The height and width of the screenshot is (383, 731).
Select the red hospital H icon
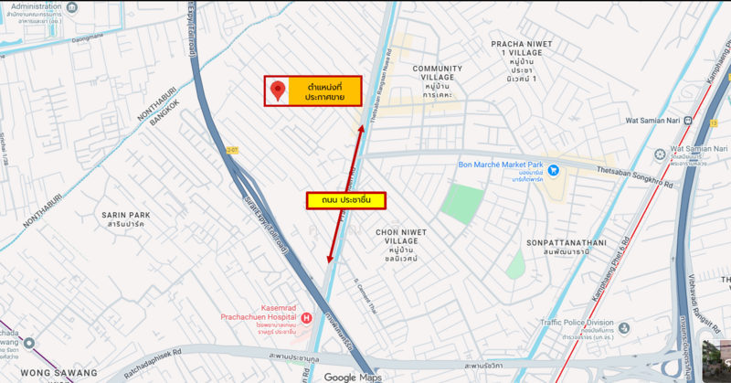306,317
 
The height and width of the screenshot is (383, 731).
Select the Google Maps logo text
352,377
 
